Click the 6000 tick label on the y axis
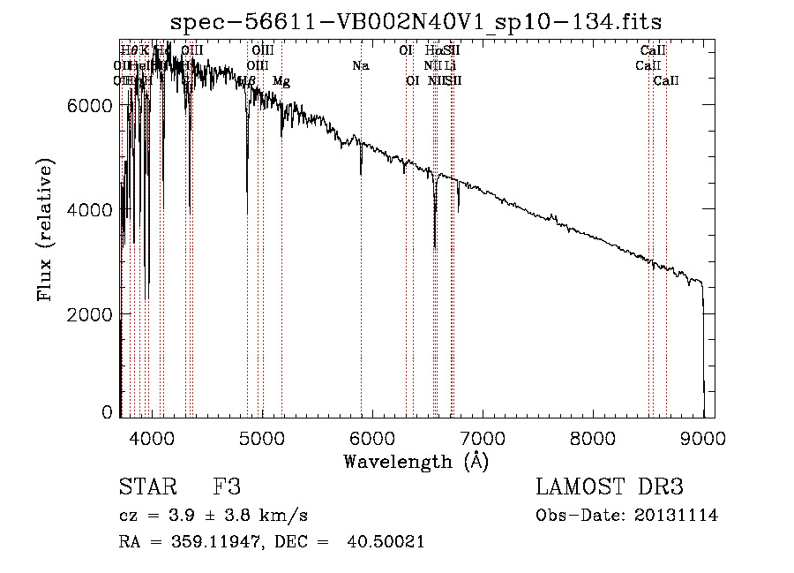[x=89, y=105]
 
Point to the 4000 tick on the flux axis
[x=89, y=210]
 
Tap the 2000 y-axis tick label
[x=89, y=314]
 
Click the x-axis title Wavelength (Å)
[x=416, y=461]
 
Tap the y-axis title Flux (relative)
[x=44, y=230]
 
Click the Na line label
[x=360, y=65]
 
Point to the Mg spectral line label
[x=281, y=81]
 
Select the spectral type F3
[x=227, y=487]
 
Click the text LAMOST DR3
[x=610, y=487]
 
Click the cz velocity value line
[x=213, y=516]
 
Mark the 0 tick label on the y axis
[x=107, y=412]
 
